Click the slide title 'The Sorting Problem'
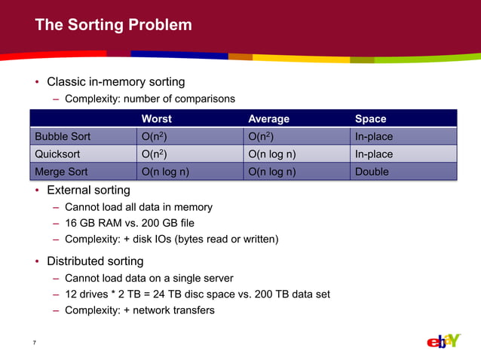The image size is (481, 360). coord(113,26)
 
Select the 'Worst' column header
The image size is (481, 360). coord(156,119)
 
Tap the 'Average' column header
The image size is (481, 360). coord(268,119)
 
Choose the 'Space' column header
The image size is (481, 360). coord(370,119)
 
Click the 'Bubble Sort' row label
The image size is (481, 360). coord(61,136)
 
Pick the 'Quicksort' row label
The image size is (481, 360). coord(57,154)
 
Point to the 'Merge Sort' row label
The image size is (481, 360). coord(61,172)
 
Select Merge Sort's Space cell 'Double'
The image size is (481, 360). coord(372,172)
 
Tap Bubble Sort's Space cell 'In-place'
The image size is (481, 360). coord(374,136)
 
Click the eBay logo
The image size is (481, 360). coord(443,341)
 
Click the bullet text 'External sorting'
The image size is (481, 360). coord(88,190)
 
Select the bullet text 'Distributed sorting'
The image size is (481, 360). coord(95,261)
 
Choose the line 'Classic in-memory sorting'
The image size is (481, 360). coord(116,81)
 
